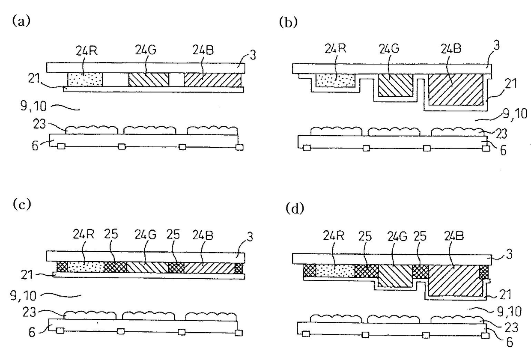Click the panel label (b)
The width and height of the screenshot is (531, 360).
[x=288, y=22]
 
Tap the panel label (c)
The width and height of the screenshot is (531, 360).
[x=22, y=204]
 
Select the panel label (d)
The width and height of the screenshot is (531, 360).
[x=295, y=209]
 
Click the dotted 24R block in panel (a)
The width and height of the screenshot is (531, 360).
[x=85, y=79]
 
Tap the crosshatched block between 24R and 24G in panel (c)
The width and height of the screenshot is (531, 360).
[x=116, y=267]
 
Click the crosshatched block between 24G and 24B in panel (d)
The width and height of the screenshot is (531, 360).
[x=420, y=271]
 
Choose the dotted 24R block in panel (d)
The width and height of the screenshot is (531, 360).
[x=335, y=271]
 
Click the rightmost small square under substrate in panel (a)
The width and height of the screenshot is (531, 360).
[x=239, y=147]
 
